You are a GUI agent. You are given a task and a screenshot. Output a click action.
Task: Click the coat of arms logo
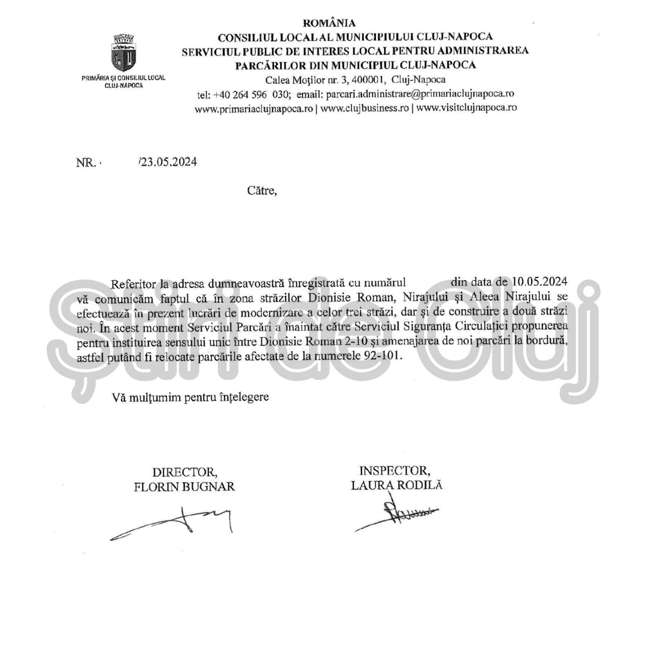(124, 53)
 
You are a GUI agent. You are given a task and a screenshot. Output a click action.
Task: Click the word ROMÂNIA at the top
(329, 23)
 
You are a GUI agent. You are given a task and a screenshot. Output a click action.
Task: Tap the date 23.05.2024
(169, 162)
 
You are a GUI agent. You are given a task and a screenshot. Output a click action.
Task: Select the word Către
(262, 191)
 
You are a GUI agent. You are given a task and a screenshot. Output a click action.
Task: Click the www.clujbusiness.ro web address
(365, 108)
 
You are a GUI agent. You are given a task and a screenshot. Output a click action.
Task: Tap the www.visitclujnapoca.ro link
(466, 108)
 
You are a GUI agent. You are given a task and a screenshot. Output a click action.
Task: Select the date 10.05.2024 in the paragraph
(540, 282)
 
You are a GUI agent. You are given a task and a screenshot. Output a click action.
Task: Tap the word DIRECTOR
(185, 472)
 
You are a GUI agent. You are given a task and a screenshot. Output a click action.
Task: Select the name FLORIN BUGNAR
(184, 486)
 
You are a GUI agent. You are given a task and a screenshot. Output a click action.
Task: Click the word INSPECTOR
(394, 471)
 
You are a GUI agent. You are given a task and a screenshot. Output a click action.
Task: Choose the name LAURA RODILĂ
(396, 485)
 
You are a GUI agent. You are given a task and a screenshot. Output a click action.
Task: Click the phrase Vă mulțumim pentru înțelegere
(190, 397)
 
